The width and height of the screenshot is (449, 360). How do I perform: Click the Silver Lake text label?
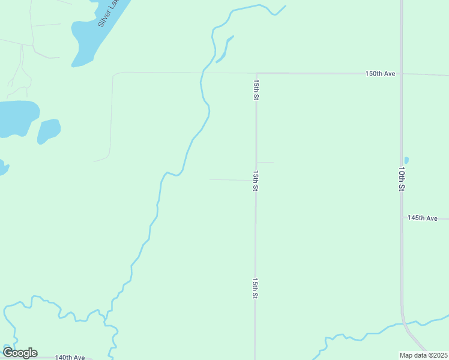click(109, 13)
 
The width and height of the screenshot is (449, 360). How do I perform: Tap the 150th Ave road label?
click(381, 74)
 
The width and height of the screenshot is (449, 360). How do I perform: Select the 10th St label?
click(401, 179)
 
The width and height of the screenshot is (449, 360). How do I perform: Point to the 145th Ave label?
click(423, 218)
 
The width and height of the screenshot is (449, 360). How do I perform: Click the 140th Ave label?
click(70, 357)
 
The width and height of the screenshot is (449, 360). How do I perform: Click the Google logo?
click(20, 353)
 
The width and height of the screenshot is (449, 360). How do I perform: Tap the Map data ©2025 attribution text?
click(423, 355)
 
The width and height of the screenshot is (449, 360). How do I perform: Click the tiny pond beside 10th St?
click(406, 160)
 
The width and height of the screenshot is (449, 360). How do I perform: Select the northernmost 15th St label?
click(256, 89)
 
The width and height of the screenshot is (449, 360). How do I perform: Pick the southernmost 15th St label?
click(255, 288)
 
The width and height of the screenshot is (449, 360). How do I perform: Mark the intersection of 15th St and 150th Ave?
click(256, 73)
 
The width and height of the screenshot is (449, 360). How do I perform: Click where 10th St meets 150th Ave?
click(402, 74)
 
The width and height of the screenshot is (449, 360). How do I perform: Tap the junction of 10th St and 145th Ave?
click(402, 218)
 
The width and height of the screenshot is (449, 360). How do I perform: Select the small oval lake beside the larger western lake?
click(49, 130)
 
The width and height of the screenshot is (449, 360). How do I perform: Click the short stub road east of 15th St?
click(265, 162)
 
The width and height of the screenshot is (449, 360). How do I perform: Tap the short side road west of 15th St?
click(231, 179)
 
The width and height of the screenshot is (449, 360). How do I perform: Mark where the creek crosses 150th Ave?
click(203, 73)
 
